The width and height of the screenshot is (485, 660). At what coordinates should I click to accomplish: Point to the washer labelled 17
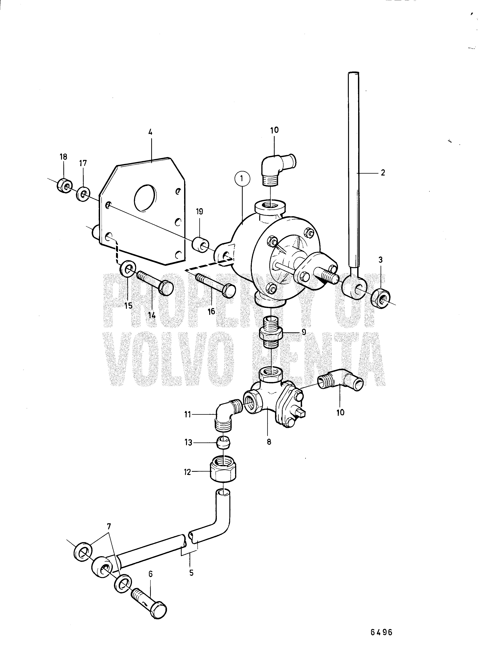(x=83, y=194)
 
